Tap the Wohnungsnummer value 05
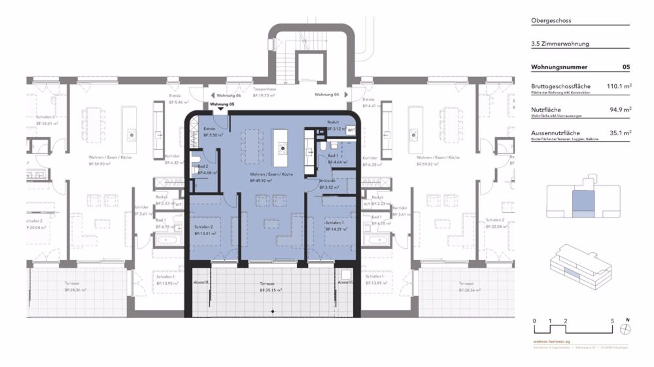[626, 67]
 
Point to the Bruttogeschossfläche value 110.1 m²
[617, 86]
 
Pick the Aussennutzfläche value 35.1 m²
[619, 133]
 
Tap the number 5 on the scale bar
[612, 321]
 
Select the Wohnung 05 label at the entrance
[222, 104]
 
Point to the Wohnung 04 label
[326, 95]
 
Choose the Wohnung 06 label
[230, 95]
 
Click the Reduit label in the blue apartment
[334, 122]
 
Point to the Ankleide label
[328, 181]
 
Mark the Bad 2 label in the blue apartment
[203, 167]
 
